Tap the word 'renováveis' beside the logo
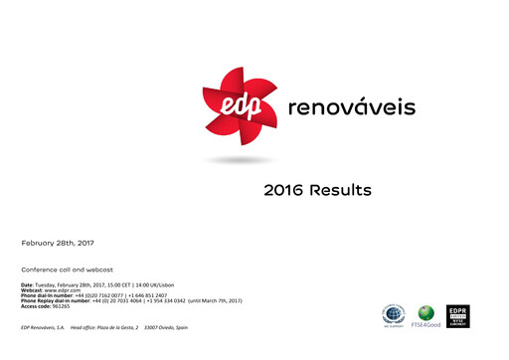click(351, 106)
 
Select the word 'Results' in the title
click(340, 190)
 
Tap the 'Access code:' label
click(39, 305)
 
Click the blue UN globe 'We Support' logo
click(395, 314)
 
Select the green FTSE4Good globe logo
click(425, 314)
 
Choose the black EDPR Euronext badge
click(457, 316)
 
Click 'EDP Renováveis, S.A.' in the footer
click(43, 327)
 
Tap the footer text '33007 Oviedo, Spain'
click(166, 327)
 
